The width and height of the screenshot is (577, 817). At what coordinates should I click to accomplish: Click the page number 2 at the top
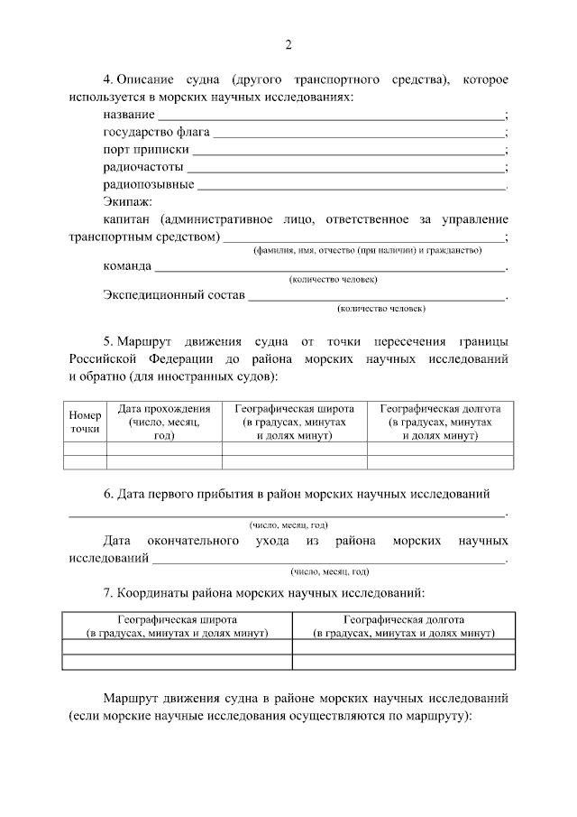[288, 46]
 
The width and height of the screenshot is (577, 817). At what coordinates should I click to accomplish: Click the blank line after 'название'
[331, 117]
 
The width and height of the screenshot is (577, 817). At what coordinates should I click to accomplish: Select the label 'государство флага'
[150, 132]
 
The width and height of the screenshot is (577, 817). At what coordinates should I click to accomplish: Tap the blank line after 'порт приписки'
[348, 152]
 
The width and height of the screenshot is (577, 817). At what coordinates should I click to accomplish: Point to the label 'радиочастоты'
[143, 167]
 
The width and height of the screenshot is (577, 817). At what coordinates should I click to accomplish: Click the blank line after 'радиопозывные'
[351, 187]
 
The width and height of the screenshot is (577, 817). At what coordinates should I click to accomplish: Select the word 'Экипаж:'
[128, 201]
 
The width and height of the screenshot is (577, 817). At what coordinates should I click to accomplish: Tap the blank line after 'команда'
[331, 268]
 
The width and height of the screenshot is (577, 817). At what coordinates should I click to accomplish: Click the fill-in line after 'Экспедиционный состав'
[378, 297]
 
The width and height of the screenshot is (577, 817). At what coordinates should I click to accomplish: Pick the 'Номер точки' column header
[85, 422]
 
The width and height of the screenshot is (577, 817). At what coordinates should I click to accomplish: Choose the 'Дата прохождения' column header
[164, 422]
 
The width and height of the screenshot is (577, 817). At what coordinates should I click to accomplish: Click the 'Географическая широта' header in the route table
[294, 422]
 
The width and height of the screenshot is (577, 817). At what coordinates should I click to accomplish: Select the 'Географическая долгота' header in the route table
[440, 422]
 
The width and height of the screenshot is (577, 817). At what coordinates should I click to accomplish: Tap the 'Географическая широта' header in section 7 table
[177, 627]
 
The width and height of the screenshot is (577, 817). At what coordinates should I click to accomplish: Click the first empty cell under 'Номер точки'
[85, 448]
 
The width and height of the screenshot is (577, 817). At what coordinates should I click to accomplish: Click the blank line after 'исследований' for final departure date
[329, 559]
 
